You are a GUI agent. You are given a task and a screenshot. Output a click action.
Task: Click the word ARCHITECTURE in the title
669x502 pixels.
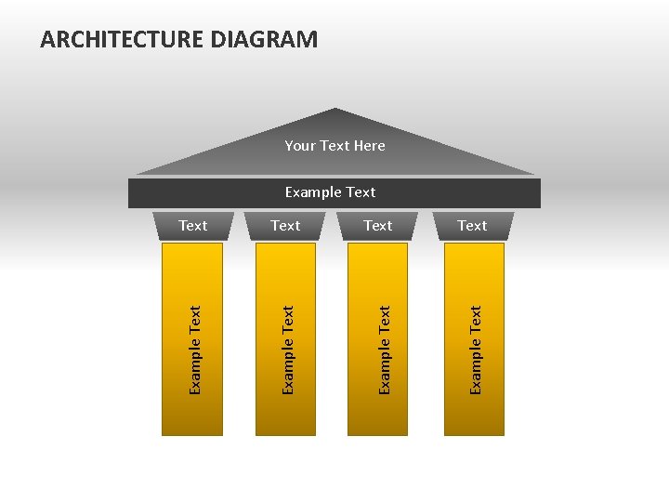click(123, 40)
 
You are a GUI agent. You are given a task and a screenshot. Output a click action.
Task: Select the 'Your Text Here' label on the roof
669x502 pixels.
click(334, 145)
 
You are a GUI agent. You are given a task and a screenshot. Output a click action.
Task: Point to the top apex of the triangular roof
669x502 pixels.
click(335, 111)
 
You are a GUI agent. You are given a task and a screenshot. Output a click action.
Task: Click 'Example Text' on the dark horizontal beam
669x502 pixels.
click(330, 192)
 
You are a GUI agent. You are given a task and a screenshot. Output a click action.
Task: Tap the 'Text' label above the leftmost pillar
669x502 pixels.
click(193, 226)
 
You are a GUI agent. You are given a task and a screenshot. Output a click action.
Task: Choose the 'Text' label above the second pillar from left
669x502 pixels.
click(285, 226)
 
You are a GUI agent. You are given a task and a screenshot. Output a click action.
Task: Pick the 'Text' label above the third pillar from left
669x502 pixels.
click(378, 226)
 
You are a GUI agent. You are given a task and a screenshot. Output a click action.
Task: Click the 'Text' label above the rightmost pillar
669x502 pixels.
click(472, 226)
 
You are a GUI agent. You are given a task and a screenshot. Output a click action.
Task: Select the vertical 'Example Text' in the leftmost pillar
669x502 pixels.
click(195, 350)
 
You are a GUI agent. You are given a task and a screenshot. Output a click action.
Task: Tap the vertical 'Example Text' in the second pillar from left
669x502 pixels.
click(288, 350)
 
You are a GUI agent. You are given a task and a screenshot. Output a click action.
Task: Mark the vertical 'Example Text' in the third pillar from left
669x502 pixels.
click(385, 350)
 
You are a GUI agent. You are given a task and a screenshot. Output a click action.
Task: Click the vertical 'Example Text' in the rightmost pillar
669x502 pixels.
click(476, 350)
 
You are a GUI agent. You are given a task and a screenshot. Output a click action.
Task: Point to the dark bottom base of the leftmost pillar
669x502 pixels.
click(192, 428)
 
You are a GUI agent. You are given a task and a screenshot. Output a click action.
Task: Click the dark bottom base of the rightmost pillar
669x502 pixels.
click(474, 428)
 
